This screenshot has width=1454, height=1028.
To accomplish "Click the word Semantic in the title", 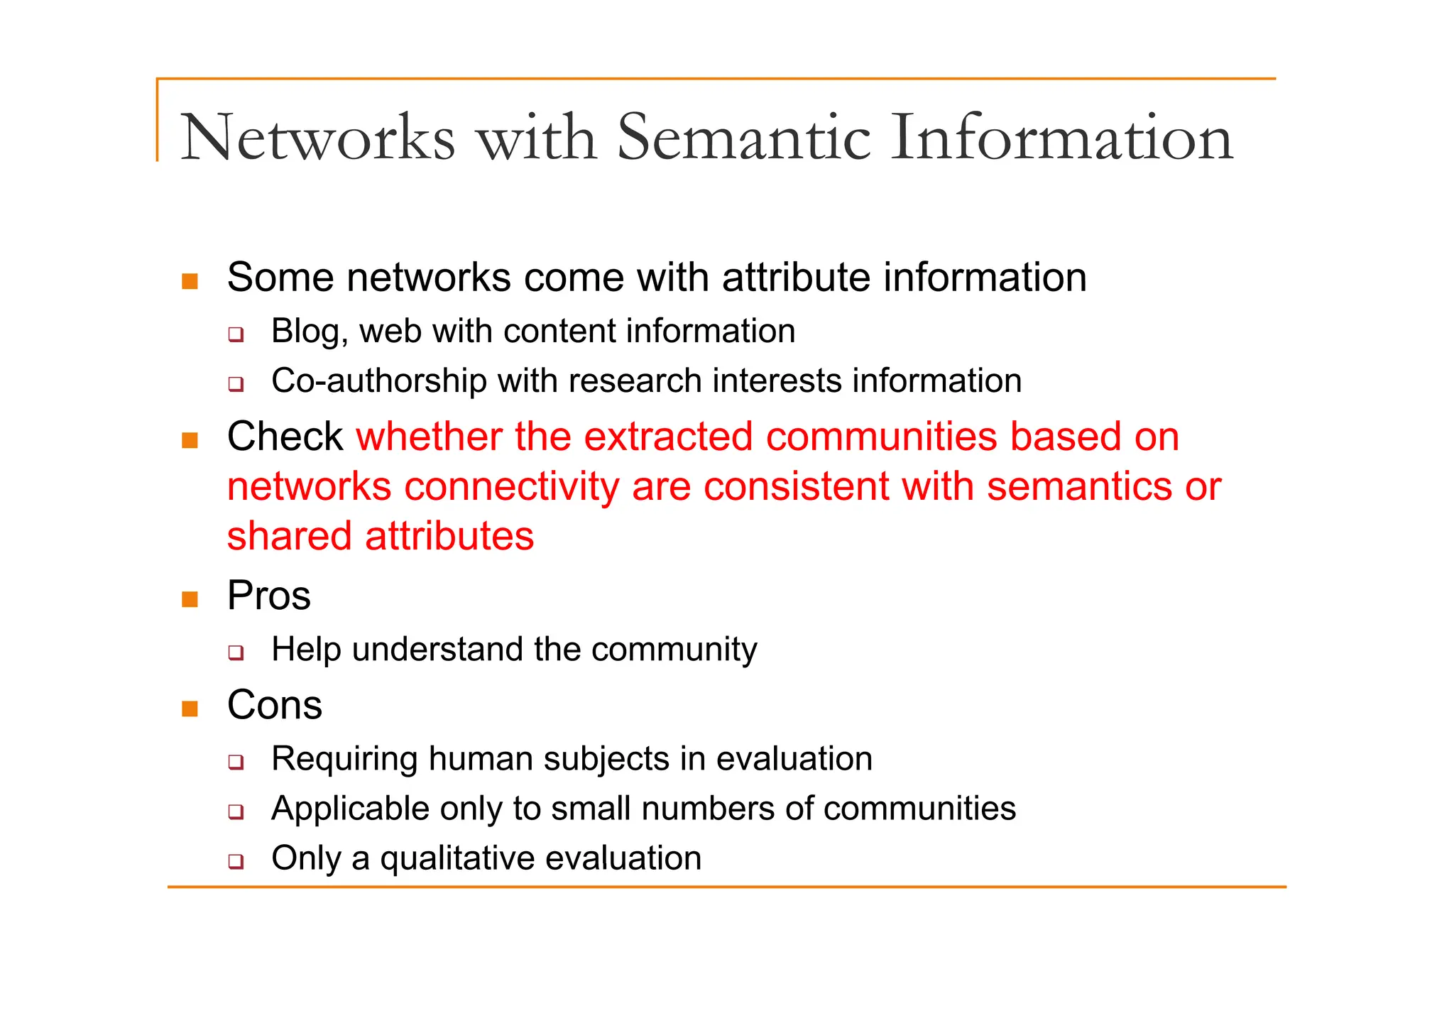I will tap(743, 138).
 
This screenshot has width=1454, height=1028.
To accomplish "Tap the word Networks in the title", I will tap(317, 138).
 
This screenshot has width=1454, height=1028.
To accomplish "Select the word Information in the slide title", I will tap(1061, 138).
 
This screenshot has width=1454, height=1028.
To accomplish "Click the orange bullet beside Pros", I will tap(190, 599).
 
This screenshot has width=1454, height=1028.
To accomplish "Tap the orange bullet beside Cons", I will tap(190, 709).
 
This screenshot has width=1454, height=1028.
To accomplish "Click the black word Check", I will tap(285, 436).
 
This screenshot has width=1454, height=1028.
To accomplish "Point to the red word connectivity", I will tap(511, 487).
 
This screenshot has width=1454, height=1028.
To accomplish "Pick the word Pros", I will tap(268, 596).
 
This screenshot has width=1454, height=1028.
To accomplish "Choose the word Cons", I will tap(274, 705).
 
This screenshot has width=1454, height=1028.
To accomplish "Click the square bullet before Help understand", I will tap(236, 652).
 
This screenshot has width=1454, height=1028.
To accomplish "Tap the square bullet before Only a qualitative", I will tap(236, 861).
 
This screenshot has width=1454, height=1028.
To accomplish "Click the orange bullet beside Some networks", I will tap(190, 281).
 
